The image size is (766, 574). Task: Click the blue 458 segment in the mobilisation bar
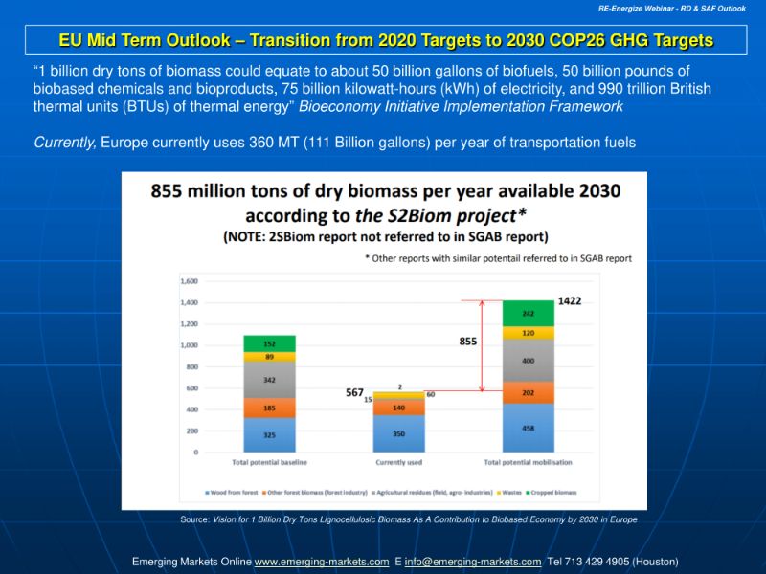pos(529,428)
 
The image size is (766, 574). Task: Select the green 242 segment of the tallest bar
pos(529,313)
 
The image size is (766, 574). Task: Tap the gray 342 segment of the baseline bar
pos(270,380)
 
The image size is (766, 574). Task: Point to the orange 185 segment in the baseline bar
pos(270,408)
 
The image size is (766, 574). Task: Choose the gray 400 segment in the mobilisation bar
pos(529,361)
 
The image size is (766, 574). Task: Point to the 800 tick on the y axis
pos(190,366)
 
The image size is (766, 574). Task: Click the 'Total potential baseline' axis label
pos(270,463)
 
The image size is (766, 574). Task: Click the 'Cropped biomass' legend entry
pos(552,493)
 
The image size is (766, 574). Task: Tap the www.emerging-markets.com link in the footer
pos(321,562)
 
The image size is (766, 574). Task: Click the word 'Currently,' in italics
pos(64,143)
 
